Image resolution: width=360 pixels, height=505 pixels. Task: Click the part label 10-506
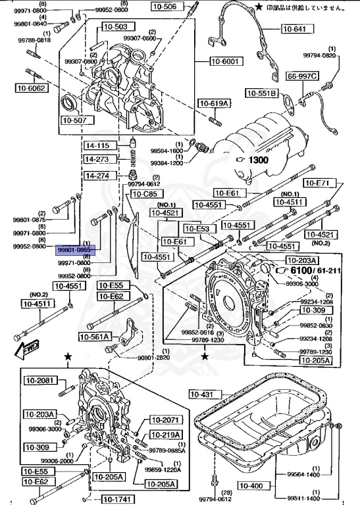click(x=165, y=7)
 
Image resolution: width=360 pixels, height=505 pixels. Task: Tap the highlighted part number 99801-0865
click(x=76, y=251)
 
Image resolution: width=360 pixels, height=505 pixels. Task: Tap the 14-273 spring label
click(x=100, y=158)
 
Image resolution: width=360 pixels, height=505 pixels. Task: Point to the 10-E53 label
click(x=197, y=228)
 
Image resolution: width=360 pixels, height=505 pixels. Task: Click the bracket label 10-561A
click(x=96, y=337)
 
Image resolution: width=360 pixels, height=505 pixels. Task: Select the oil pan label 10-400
click(x=251, y=486)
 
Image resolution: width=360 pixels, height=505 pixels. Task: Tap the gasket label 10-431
click(x=203, y=395)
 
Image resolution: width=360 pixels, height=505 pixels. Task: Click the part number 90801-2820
click(x=153, y=357)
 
